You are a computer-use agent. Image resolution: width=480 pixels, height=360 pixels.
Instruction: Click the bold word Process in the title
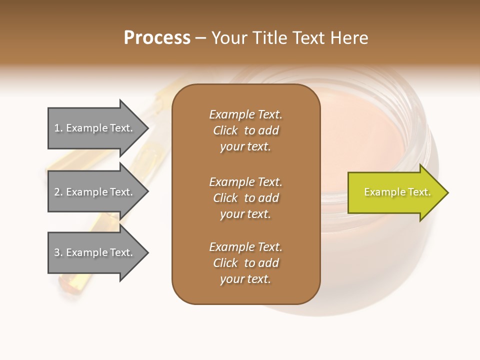(x=157, y=38)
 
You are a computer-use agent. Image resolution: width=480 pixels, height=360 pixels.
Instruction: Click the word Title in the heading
(x=268, y=38)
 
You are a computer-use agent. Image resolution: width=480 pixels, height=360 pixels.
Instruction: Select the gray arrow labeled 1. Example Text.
(x=95, y=128)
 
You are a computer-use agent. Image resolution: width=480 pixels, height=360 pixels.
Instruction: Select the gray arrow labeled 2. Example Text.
(x=95, y=192)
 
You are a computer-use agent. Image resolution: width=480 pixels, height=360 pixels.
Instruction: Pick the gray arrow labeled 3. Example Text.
(x=95, y=252)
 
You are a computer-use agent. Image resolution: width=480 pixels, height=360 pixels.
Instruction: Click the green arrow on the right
(x=395, y=192)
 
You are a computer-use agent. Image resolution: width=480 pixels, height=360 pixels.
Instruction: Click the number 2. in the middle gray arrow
(x=58, y=192)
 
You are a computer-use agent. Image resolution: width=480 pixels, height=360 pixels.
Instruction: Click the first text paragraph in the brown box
(x=245, y=130)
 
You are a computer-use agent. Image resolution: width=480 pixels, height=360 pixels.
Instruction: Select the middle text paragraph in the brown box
(x=245, y=198)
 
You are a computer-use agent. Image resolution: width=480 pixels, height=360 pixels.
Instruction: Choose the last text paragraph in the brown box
(x=245, y=263)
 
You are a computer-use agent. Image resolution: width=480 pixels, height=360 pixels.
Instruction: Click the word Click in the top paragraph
(x=225, y=130)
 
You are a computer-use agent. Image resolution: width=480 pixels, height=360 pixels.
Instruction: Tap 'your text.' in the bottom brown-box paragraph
(x=245, y=279)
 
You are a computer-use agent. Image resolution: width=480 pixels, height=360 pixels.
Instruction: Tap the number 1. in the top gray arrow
(x=58, y=128)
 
